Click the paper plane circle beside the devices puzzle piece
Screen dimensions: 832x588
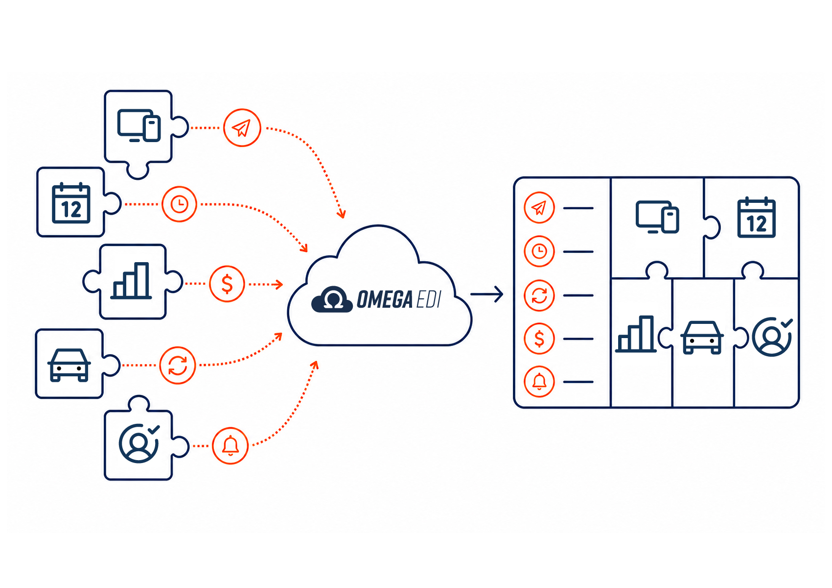tap(242, 127)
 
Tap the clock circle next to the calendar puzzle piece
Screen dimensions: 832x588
tap(179, 204)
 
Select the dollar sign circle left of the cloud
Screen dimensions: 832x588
tap(227, 284)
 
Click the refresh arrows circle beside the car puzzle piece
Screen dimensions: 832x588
tap(178, 365)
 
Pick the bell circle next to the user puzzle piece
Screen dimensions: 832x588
tap(231, 445)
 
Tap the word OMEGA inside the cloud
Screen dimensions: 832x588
tap(385, 299)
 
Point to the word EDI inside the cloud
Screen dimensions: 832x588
tap(429, 299)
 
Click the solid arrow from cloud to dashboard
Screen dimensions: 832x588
tap(486, 294)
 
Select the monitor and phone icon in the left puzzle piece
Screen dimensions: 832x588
tap(139, 125)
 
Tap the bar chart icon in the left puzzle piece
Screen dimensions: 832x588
tap(131, 281)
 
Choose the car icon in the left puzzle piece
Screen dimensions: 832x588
tap(69, 365)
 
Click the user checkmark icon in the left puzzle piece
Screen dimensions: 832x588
tap(139, 443)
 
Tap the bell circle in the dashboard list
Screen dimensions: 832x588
tap(539, 382)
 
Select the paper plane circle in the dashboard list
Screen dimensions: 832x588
tap(539, 208)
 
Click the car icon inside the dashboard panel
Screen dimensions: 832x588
tap(702, 337)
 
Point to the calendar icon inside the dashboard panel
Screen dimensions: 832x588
tap(757, 218)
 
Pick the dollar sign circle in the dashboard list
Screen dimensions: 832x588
tap(539, 339)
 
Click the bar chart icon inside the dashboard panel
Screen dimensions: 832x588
tap(636, 334)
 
